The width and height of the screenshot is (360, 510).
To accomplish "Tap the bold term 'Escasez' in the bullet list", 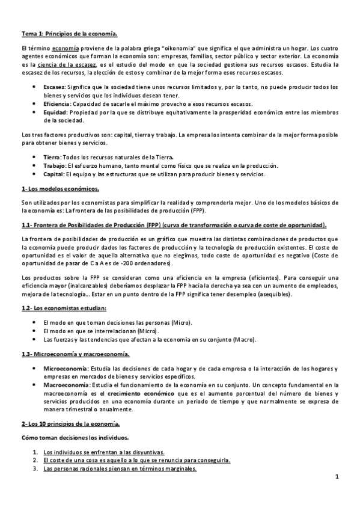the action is point(54,87).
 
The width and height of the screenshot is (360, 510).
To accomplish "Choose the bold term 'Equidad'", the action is point(55,112).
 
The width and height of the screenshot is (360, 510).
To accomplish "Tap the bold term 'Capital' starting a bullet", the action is point(54,174).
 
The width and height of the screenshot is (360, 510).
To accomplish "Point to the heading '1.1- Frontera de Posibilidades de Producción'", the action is point(97,225).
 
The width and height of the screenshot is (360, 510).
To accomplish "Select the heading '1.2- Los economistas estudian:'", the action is point(64,309).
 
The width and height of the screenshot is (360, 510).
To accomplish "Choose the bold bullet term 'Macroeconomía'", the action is point(66,384).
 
